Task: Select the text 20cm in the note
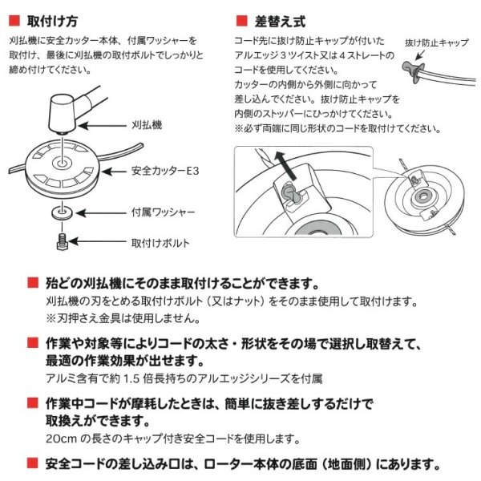click(x=59, y=439)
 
